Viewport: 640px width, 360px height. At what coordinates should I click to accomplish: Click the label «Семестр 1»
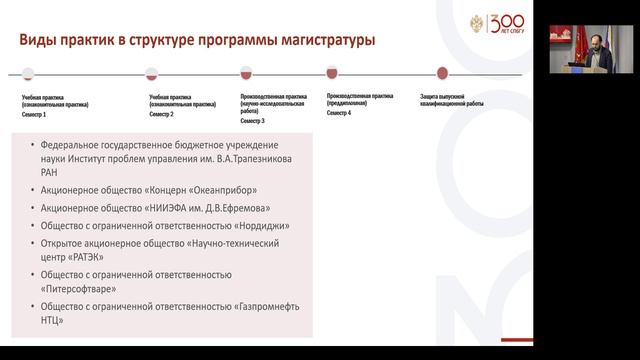35,115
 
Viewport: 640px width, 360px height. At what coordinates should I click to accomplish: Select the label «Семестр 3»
253,121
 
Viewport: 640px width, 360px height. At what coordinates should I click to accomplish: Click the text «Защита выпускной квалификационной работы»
455,100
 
